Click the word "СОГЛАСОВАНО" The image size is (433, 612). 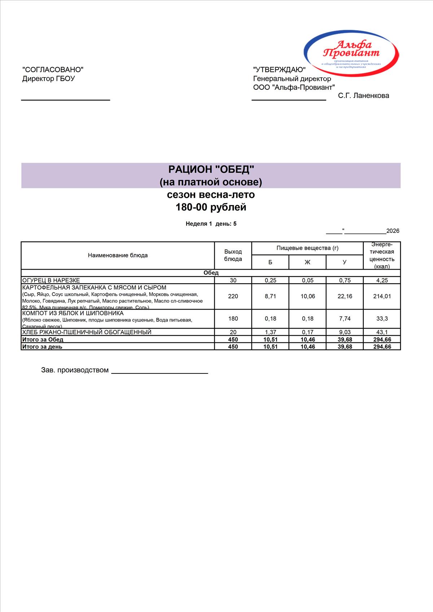(53, 70)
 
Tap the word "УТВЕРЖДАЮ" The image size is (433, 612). (279, 70)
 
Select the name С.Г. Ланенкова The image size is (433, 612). (363, 96)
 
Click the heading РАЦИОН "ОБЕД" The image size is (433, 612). (211, 169)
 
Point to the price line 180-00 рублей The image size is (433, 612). (211, 207)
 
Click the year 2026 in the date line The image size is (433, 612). (393, 231)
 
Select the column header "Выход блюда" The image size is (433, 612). (233, 255)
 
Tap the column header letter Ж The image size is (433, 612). (307, 262)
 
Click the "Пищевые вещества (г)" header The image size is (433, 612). (307, 248)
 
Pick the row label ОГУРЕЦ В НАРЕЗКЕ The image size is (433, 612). (51, 280)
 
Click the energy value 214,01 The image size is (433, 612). (382, 296)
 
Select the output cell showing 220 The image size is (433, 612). (233, 296)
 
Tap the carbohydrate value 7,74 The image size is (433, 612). (345, 319)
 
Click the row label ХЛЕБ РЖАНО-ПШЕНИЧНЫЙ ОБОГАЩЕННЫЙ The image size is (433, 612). (87, 332)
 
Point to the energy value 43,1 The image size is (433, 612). (382, 332)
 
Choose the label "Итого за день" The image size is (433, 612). (42, 347)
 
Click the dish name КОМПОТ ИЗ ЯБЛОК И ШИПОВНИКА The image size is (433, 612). (73, 314)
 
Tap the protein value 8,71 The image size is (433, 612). (270, 296)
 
